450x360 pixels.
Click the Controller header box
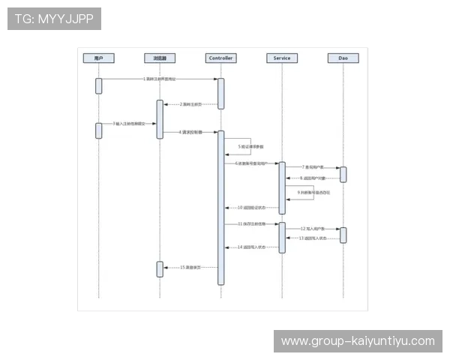tap(220, 58)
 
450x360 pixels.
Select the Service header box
tap(282, 58)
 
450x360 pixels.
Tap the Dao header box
tap(343, 58)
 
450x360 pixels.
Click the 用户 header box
tap(98, 58)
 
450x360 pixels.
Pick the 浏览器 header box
tap(160, 58)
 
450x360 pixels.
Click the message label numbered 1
tap(160, 79)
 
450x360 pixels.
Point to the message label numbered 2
tap(192, 104)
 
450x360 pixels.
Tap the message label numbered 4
tap(190, 132)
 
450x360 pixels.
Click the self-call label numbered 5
tap(249, 147)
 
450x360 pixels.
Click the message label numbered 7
tap(312, 167)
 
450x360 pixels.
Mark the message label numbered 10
tap(251, 207)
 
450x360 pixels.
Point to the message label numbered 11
tap(250, 223)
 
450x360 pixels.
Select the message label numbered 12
tap(312, 228)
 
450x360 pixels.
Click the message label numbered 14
tap(251, 247)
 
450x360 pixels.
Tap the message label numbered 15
tap(192, 267)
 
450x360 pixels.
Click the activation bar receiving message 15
tap(160, 268)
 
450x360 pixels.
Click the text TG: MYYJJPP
tap(54, 19)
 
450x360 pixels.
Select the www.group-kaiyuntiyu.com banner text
tap(357, 341)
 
